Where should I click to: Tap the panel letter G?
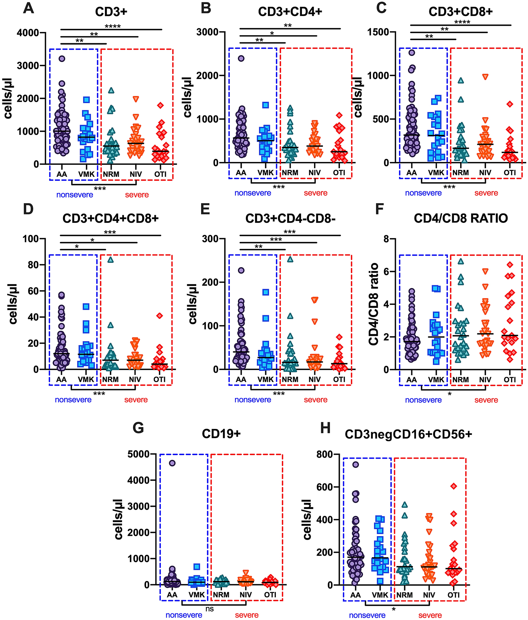tap(138, 427)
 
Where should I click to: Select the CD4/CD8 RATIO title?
tap(461, 218)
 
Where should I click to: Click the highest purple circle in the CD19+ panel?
tap(172, 463)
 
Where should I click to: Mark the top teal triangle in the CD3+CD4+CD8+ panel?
tap(111, 260)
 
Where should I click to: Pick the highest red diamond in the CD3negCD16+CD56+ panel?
tap(454, 486)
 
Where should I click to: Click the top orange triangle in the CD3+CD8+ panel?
tap(485, 77)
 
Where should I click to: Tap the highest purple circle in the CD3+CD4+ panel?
tap(241, 58)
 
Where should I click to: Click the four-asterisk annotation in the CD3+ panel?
tap(113, 27)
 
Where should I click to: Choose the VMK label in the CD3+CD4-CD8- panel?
tap(265, 380)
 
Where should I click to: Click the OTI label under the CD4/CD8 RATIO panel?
tap(510, 380)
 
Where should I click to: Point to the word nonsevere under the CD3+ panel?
tap(75, 195)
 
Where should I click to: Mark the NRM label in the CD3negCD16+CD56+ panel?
tap(405, 595)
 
